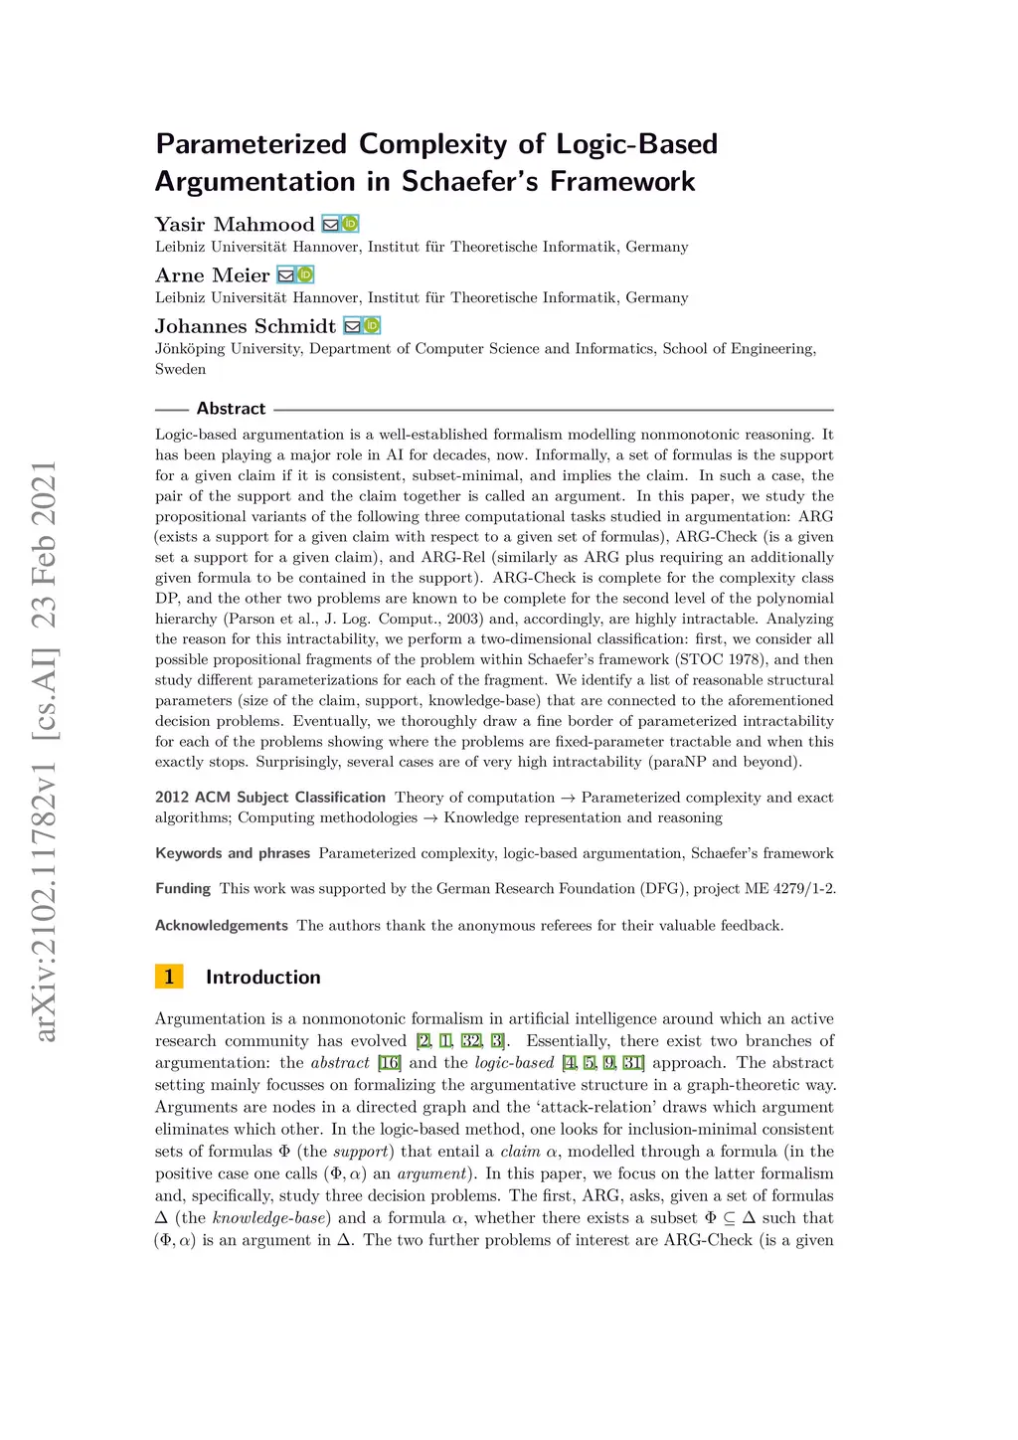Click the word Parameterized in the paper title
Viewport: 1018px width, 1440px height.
[x=251, y=144]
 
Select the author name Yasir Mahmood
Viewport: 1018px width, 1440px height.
[x=235, y=224]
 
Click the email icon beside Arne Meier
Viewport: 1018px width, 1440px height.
[x=285, y=275]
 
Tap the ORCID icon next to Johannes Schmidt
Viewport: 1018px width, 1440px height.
[x=372, y=326]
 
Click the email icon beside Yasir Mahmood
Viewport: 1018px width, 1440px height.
[x=331, y=225]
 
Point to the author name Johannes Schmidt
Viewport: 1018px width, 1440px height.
[x=246, y=326]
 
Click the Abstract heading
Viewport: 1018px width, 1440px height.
[x=231, y=409]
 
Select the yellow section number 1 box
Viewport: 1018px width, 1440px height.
[x=169, y=977]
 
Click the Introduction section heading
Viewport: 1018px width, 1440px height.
[x=262, y=978]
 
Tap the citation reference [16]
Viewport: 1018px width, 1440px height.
[x=390, y=1063]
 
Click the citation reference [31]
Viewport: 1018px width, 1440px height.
[x=633, y=1063]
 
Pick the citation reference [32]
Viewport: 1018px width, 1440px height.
[x=471, y=1041]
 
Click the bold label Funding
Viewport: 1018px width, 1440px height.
[x=183, y=889]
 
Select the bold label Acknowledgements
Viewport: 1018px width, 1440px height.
[x=222, y=926]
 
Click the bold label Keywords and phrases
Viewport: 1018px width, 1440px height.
[x=233, y=853]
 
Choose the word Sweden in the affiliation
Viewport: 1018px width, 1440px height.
[x=181, y=369]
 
